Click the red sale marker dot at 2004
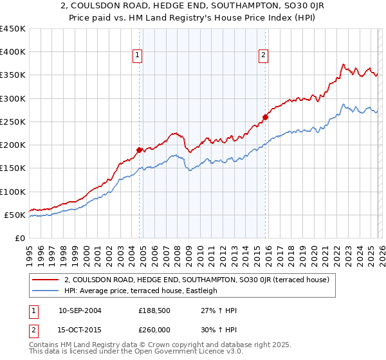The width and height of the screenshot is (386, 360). [139, 150]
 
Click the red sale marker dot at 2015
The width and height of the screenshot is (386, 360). [265, 117]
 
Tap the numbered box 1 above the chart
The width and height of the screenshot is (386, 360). [138, 56]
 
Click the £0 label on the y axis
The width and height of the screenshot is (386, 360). [21, 238]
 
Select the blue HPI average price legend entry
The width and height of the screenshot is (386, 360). [141, 291]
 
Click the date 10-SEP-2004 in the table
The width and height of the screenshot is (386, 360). [80, 310]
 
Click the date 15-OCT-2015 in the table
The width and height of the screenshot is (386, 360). [80, 331]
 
